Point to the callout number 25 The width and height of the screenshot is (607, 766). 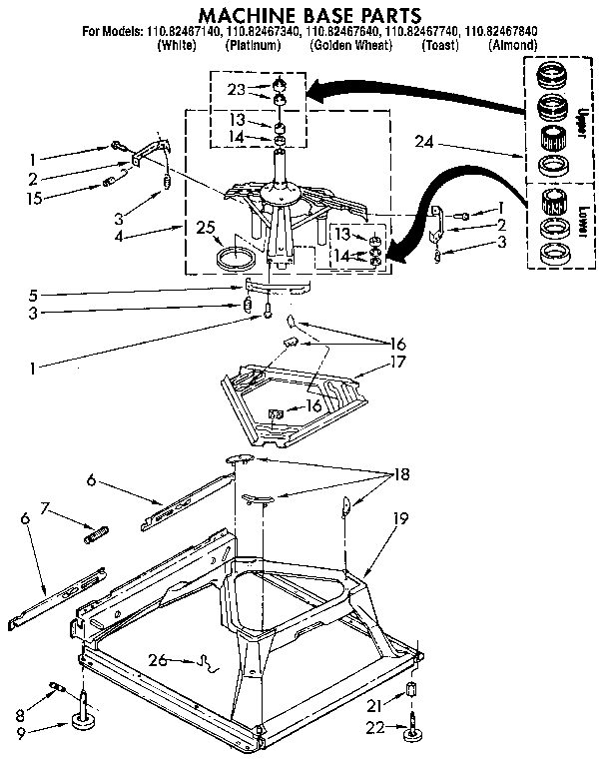tap(207, 228)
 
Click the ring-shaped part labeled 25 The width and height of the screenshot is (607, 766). tap(236, 260)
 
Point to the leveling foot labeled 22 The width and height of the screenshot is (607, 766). tap(410, 737)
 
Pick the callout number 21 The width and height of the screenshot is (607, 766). tap(374, 706)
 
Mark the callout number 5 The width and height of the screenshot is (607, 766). tap(34, 295)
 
